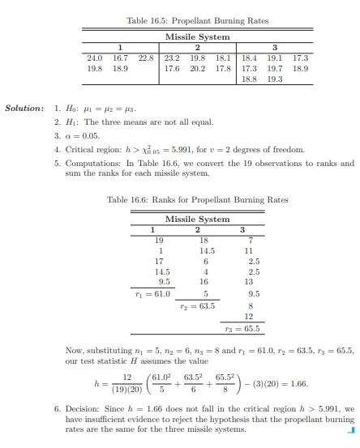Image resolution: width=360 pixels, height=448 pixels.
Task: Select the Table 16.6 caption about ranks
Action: pos(196,199)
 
